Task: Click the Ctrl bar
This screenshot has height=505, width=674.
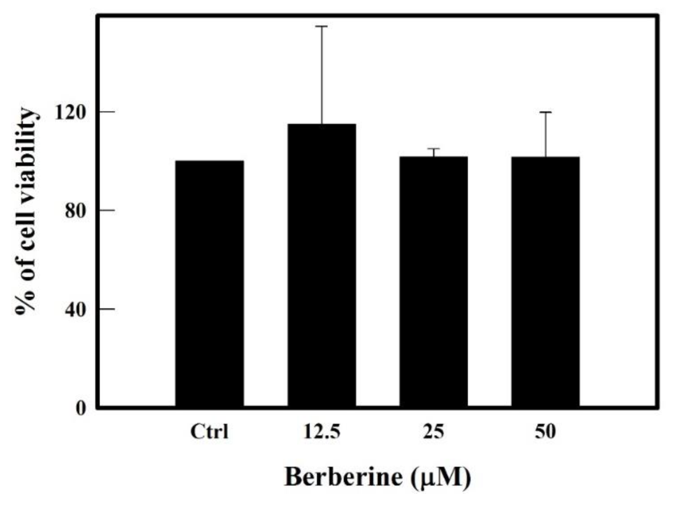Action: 210,284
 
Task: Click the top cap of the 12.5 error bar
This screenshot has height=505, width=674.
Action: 321,27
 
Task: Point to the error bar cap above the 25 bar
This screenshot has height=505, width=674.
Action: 433,149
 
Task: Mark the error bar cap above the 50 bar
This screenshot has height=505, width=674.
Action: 545,112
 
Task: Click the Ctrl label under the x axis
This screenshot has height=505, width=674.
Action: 210,432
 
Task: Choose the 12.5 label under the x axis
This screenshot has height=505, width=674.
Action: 321,432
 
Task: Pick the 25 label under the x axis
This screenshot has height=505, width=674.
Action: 433,432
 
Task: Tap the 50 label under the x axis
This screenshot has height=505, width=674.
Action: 545,432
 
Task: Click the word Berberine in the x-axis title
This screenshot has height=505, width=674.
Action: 343,477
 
